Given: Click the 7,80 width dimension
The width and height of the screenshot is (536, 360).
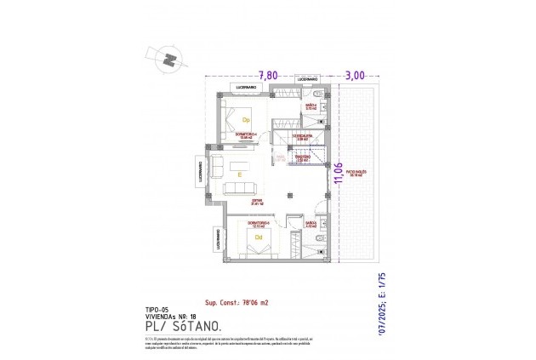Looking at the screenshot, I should click(x=269, y=75).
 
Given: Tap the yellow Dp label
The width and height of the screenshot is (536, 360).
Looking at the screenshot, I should click(x=247, y=120).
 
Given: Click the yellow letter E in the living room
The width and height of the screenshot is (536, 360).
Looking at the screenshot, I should click(x=240, y=174).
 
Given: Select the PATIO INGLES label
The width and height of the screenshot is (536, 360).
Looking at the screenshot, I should click(x=354, y=171).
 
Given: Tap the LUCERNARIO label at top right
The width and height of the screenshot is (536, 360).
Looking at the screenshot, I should click(x=306, y=79).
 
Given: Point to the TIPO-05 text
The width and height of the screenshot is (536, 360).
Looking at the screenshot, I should click(x=158, y=309).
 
